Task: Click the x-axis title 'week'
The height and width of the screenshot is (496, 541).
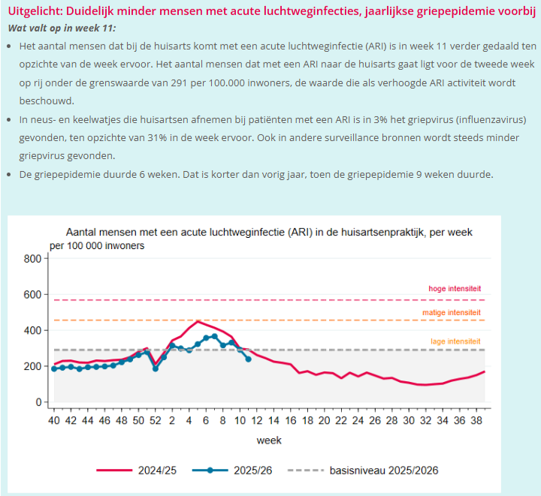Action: (x=270, y=440)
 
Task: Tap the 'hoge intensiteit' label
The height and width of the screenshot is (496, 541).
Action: (x=455, y=289)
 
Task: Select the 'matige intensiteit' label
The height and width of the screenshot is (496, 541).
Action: (x=452, y=311)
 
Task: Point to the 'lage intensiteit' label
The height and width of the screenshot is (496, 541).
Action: (x=455, y=341)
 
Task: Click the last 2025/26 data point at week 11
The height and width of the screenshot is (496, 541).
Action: (x=249, y=359)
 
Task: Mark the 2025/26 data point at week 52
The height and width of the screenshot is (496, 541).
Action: (x=156, y=368)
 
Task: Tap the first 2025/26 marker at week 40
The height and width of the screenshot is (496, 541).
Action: (x=54, y=368)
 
